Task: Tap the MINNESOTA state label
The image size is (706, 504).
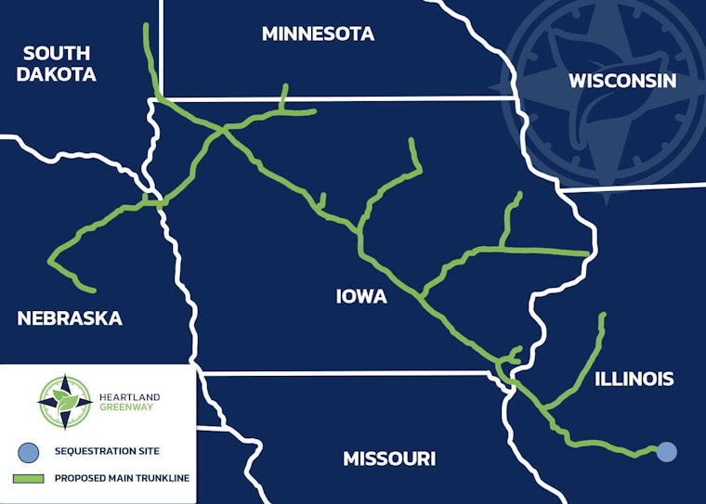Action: [x=318, y=34]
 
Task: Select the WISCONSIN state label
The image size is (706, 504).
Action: [x=622, y=81]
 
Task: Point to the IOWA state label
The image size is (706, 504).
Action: [x=361, y=297]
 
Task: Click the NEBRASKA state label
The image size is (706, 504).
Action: [x=70, y=318]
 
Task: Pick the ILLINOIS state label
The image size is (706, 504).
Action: [x=634, y=379]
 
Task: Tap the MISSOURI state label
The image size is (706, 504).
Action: [x=389, y=459]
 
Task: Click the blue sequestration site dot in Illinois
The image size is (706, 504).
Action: [x=666, y=452]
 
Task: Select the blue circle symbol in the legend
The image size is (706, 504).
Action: [x=29, y=452]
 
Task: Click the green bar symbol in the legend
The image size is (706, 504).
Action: [x=29, y=480]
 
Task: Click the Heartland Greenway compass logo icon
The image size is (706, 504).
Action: [x=65, y=402]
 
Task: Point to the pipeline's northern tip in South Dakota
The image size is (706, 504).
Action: [x=146, y=26]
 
